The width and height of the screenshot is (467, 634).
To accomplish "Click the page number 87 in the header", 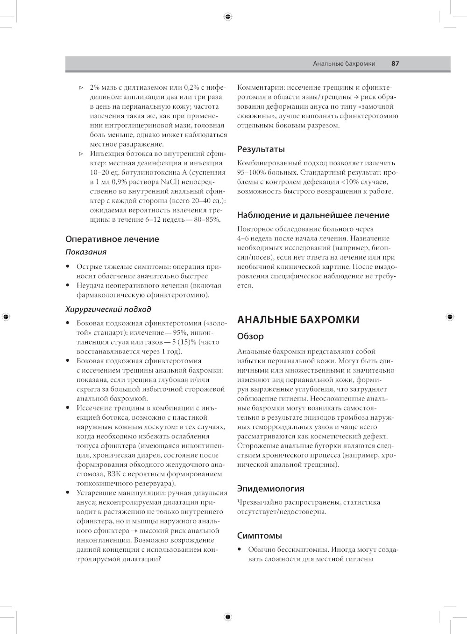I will point(395,64).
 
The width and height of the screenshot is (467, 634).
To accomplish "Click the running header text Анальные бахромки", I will point(344,64).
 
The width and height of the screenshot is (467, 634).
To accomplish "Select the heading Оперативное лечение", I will point(112,239).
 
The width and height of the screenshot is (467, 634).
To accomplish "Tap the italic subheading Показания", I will point(86,252).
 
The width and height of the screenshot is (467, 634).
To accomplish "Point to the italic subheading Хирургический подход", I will point(108,309).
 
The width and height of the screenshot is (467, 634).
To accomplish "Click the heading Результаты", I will point(261,149).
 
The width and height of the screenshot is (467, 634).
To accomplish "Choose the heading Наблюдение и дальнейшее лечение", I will point(313,215).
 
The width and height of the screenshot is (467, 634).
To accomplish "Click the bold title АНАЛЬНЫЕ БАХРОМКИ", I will point(298,320).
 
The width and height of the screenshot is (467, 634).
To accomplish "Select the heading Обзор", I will point(250,336).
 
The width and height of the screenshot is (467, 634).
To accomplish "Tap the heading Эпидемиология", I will point(271,489).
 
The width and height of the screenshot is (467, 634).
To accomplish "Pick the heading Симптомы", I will point(259,535).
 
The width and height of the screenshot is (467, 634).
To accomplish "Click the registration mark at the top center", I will point(227,17).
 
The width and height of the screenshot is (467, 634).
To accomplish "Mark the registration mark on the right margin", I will point(449,317).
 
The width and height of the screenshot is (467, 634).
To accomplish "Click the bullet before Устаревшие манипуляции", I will point(68,493).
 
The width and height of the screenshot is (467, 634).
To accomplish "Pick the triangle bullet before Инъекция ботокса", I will point(80,154).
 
